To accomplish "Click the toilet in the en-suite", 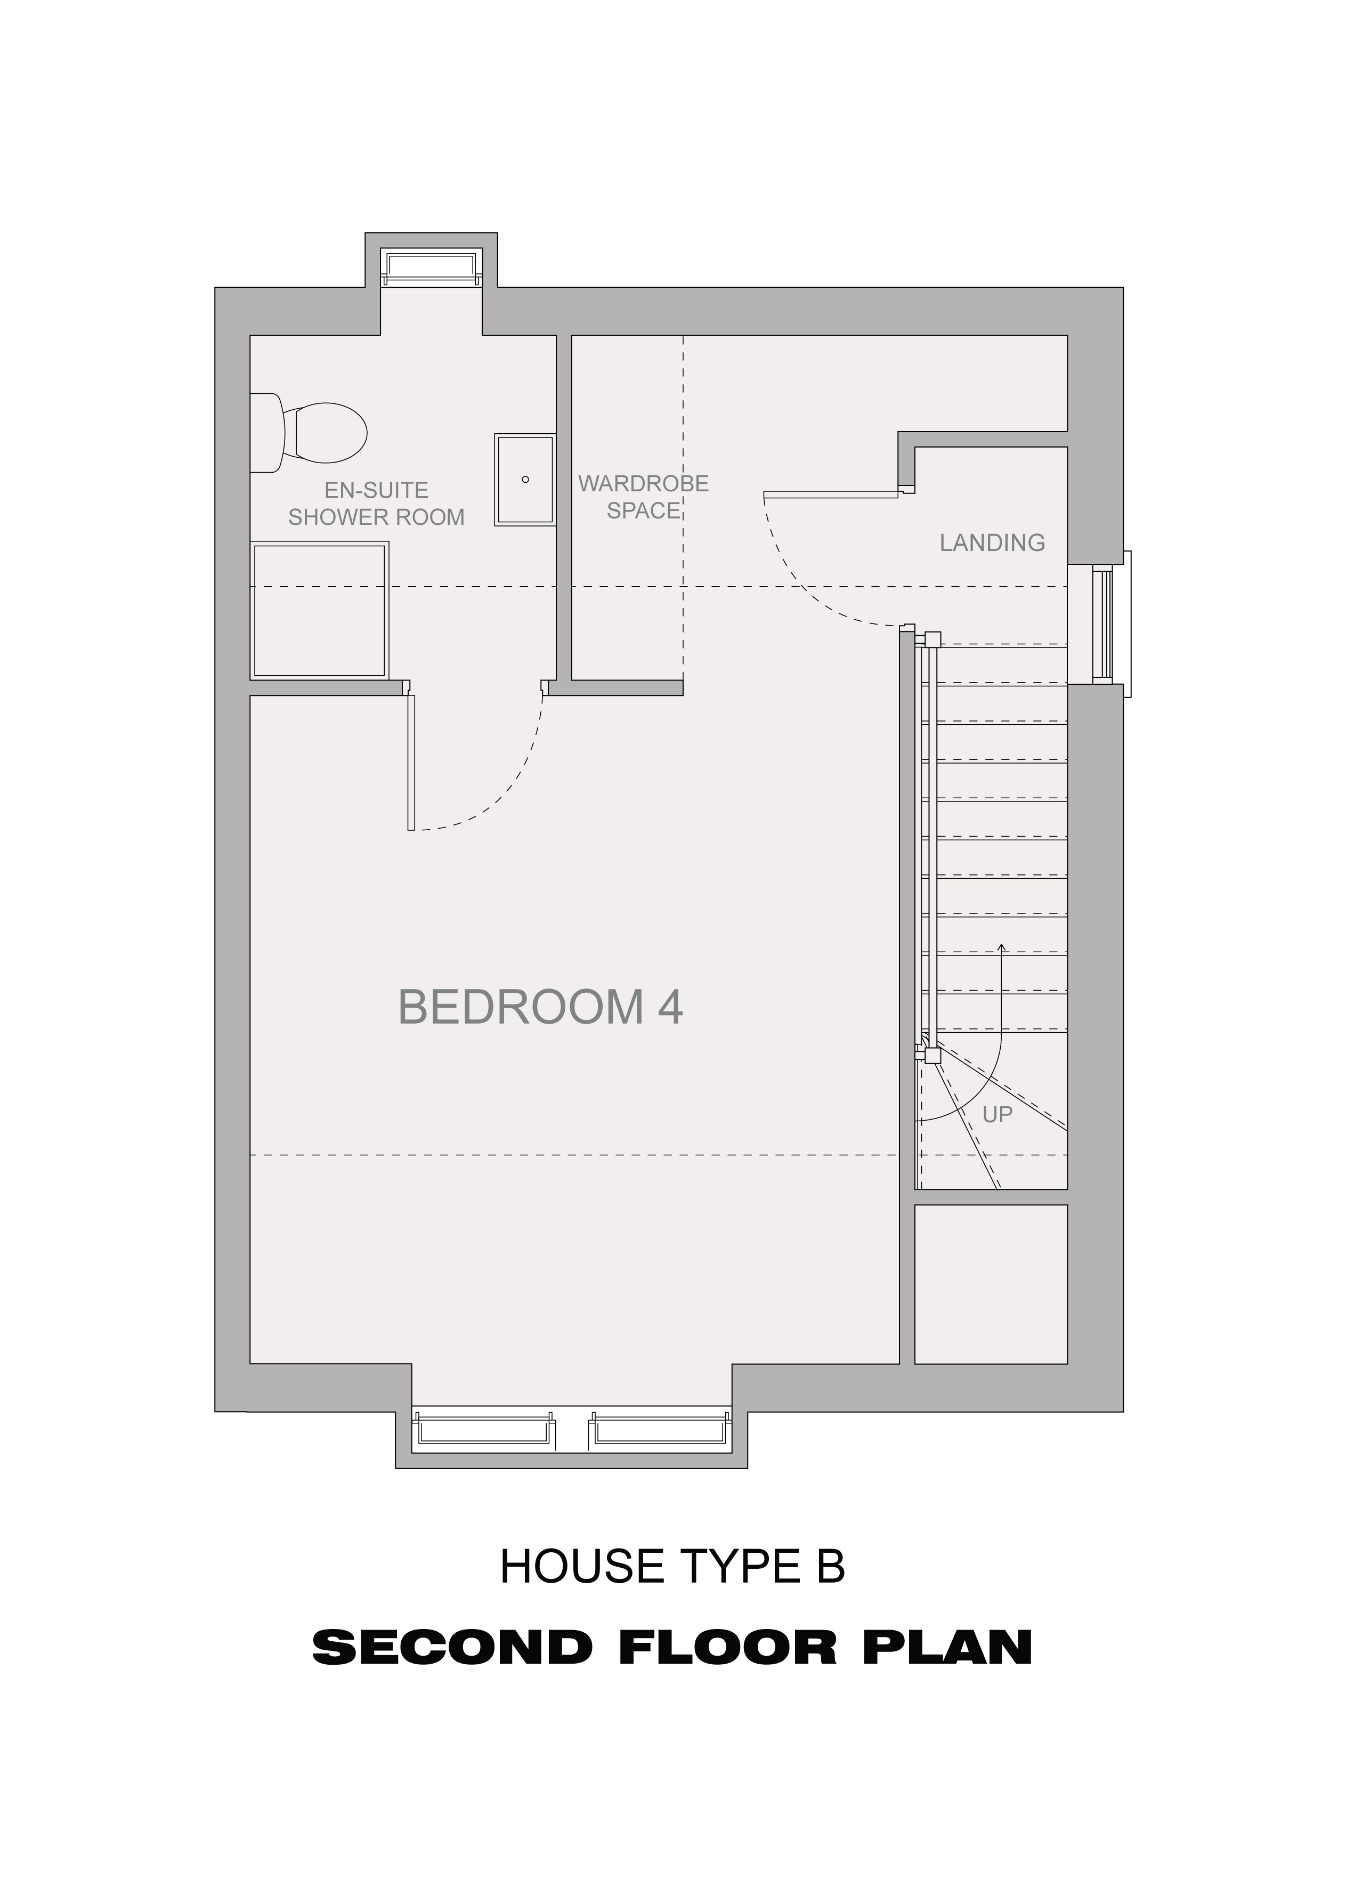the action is point(309,432).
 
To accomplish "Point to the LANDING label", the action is point(992,543).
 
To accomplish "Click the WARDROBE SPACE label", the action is point(644,497).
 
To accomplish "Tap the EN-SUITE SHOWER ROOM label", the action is point(376,504).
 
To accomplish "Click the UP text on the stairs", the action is point(997,1115).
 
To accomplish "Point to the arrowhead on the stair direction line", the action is point(1002,948).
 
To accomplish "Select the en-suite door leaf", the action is point(410,762).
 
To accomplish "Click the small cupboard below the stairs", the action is point(990,1284).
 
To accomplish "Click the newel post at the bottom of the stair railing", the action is point(932,1057).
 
